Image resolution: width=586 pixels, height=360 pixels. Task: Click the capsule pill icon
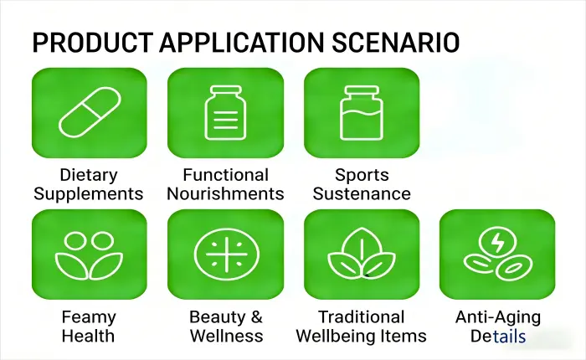pos(89,113)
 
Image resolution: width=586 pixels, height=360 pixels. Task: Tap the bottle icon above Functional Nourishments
pos(224,113)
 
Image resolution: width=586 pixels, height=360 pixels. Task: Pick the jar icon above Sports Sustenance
pos(361,113)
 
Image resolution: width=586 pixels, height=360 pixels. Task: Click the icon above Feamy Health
pos(89,254)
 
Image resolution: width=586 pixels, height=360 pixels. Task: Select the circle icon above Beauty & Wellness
pos(224,254)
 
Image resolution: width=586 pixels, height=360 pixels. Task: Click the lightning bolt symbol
pos(497,243)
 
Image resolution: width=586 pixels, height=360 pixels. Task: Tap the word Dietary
pos(89,175)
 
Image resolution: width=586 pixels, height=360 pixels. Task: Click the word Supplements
pos(89,194)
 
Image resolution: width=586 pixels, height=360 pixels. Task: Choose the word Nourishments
pos(225,194)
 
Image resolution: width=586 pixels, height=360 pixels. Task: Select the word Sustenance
pos(362,194)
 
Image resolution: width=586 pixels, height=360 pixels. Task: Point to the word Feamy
pos(89,317)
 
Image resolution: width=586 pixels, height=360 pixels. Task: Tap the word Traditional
pos(362,317)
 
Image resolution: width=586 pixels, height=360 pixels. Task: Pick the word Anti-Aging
pos(498,317)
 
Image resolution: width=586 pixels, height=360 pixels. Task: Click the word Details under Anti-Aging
pos(498,337)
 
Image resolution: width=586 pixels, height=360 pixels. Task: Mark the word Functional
pos(225,175)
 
